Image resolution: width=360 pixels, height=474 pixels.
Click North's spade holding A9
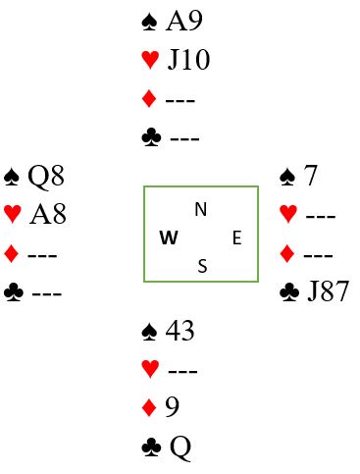coord(184,21)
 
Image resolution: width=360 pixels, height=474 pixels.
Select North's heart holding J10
coord(188,60)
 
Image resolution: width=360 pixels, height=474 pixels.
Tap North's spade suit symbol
coord(150,22)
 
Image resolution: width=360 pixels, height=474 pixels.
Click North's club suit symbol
coord(151,137)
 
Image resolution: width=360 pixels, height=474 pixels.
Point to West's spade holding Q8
coord(46,177)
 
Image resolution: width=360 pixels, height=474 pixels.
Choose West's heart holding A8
coord(48,214)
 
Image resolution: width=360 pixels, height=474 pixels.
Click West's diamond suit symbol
coord(12,253)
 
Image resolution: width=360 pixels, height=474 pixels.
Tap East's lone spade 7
coord(310,176)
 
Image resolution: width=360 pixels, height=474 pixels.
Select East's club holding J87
coord(329,290)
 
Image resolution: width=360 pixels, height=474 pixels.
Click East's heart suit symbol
coord(288,214)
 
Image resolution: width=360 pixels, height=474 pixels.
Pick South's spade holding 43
coord(180,331)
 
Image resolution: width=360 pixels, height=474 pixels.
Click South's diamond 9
coord(173,406)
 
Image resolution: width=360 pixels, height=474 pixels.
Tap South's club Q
coord(180,448)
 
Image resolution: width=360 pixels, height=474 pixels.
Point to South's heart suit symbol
coord(150,369)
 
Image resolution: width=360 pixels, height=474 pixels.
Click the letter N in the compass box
coord(201,209)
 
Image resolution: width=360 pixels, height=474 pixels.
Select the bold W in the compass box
coord(169,237)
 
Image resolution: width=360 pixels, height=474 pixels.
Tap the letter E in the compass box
coord(237,237)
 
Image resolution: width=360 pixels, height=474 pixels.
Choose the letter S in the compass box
coord(203,266)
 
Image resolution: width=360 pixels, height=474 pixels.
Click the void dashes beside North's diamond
coord(180,100)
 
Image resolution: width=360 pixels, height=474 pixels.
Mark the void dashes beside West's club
coord(47,293)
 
